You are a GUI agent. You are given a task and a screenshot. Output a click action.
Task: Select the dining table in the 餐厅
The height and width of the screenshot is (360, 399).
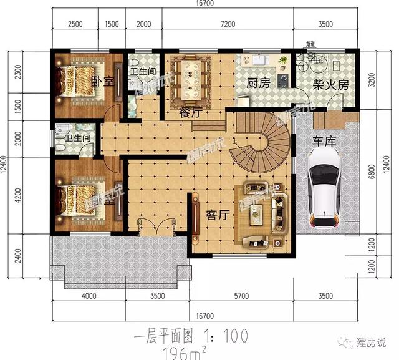(x=191, y=80)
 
